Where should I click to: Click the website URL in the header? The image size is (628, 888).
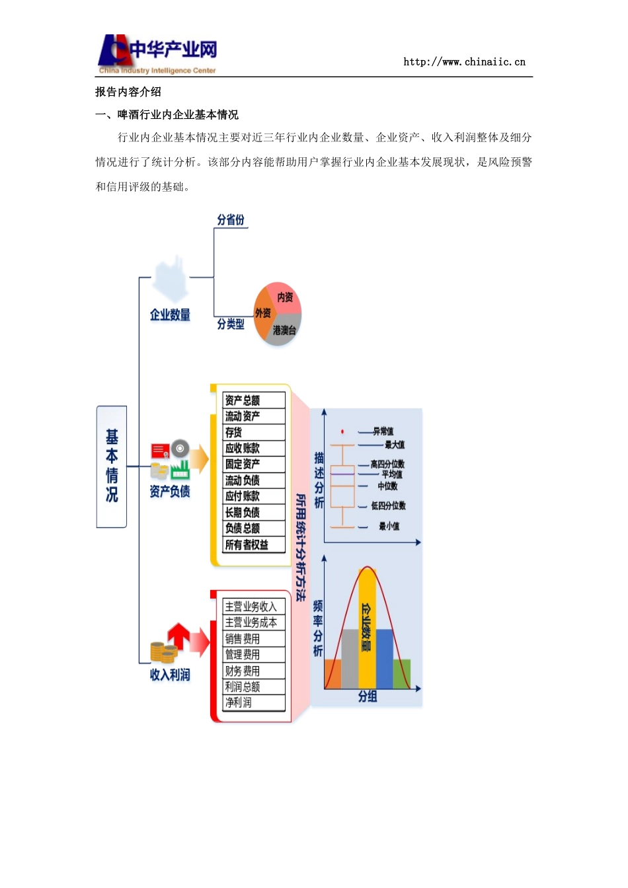pos(464,62)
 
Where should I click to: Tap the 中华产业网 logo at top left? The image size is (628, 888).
pos(157,54)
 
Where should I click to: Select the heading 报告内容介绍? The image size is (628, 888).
pos(128,92)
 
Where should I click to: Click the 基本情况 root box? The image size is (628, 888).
pos(112,466)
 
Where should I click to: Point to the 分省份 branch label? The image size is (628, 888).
pos(231,220)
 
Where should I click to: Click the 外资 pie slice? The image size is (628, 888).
pos(262,314)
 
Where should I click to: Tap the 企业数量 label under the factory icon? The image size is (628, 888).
pos(170,315)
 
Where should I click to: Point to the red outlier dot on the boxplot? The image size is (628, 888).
pos(342,431)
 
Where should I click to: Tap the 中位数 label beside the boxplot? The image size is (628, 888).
pos(387,486)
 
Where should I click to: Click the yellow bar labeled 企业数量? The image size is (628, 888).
pos(367,628)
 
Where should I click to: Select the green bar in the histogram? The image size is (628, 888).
pos(402,674)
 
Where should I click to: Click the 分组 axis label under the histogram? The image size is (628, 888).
pos(368,696)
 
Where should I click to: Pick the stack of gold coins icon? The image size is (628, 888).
pos(163,653)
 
